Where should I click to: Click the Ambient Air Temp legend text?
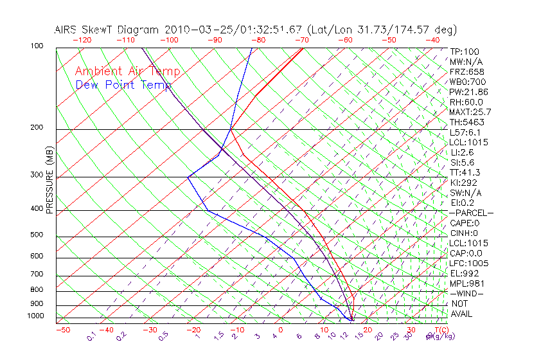pyautogui.click(x=127, y=71)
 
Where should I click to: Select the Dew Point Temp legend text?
pyautogui.click(x=123, y=85)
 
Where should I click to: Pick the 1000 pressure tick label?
pyautogui.click(x=36, y=316)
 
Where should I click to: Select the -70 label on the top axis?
pyautogui.click(x=301, y=40)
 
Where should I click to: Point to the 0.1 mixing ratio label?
pyautogui.click(x=91, y=336)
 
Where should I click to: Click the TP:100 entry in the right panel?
pyautogui.click(x=464, y=51)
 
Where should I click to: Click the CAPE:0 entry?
pyautogui.click(x=466, y=223)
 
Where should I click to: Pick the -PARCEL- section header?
pyautogui.click(x=471, y=213)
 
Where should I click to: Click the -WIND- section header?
pyautogui.click(x=467, y=293)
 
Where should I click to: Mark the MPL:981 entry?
pyautogui.click(x=466, y=283)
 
